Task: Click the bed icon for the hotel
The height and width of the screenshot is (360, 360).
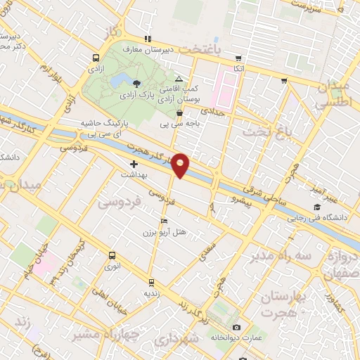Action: coord(165,221)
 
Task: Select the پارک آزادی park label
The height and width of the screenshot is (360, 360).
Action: coord(137,94)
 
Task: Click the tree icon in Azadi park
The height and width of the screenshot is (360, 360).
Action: coord(136,84)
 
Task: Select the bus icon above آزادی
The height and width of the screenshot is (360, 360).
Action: coord(96,58)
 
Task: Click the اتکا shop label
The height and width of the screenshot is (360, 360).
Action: coord(238,69)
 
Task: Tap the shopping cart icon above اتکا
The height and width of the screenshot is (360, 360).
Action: coord(239,58)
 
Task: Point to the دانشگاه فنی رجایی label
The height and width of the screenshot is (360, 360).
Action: coord(317,218)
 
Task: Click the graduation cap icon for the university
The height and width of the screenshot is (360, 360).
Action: coord(318,207)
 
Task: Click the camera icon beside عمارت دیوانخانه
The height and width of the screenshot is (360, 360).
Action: coord(236,328)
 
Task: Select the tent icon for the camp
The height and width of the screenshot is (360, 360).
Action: coord(179,78)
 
